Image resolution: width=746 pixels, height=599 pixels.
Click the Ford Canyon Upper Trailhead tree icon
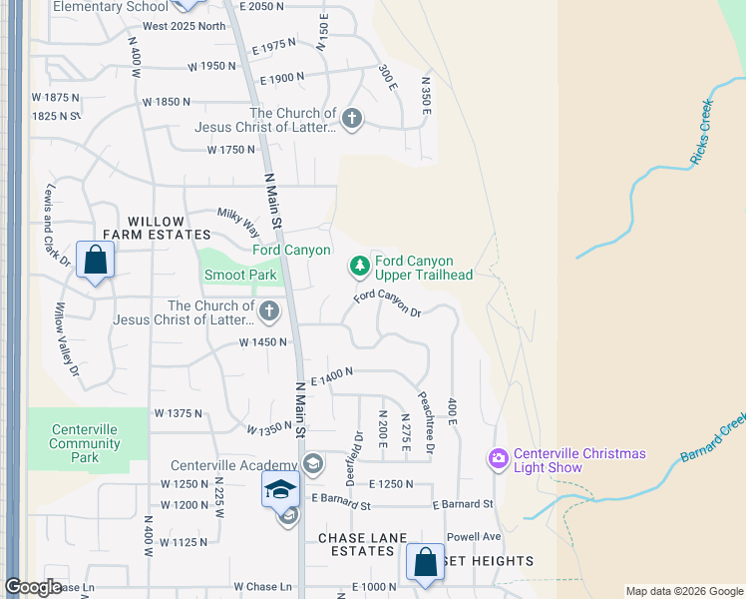[359, 266]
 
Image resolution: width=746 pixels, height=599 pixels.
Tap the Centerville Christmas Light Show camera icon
[498, 459]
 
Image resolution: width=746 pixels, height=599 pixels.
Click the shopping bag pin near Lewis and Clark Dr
[94, 262]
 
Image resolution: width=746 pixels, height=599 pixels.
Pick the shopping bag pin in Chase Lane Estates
[425, 562]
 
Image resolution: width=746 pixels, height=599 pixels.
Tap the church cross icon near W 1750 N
[351, 120]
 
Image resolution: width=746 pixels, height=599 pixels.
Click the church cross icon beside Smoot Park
[268, 312]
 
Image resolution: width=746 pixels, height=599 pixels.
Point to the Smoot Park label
[240, 276]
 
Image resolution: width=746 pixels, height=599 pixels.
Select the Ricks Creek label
[701, 131]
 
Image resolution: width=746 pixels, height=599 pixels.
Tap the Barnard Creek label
[714, 439]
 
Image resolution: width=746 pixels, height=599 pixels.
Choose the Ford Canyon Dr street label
[388, 302]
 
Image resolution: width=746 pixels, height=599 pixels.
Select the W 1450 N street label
[263, 341]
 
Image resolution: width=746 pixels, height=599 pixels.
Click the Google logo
[34, 587]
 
